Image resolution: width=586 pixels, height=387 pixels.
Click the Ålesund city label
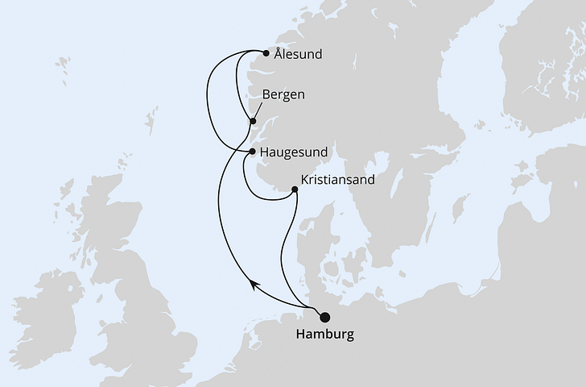click(x=298, y=55)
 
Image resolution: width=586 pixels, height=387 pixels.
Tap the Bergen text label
click(x=283, y=94)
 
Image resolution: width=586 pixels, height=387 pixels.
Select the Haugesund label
click(x=292, y=151)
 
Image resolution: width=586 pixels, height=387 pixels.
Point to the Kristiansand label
click(x=337, y=180)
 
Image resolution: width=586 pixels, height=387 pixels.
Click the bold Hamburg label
click(x=325, y=334)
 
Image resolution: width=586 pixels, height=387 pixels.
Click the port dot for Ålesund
click(x=266, y=56)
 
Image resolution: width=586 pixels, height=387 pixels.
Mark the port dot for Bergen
click(x=253, y=122)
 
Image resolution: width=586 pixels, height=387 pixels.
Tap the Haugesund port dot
click(x=253, y=151)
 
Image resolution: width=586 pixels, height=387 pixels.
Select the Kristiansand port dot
click(x=294, y=190)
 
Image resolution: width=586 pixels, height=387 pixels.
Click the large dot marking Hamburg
click(x=325, y=317)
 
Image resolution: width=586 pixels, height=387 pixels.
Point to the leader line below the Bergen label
click(x=258, y=112)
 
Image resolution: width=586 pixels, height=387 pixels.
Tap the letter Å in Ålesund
click(x=279, y=54)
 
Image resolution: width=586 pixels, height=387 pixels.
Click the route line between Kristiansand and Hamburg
click(x=283, y=250)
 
